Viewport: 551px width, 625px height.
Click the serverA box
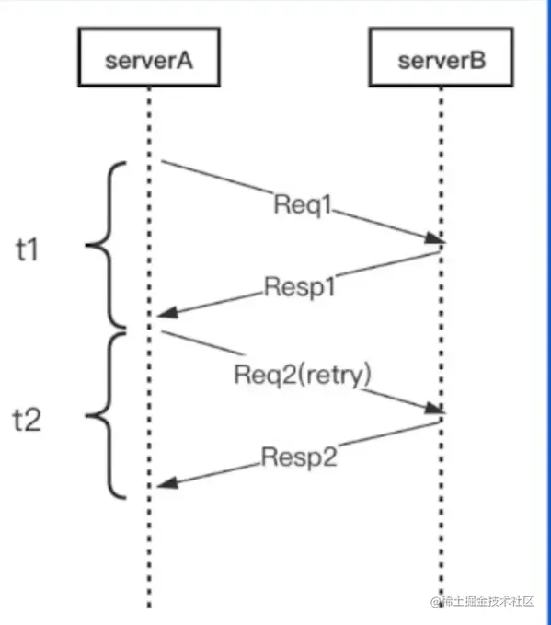tap(148, 62)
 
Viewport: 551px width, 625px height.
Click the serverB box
tap(441, 62)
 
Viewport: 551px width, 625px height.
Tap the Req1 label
tap(302, 204)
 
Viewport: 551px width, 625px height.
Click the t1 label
tap(29, 249)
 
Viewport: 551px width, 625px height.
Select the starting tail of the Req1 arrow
tap(164, 163)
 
